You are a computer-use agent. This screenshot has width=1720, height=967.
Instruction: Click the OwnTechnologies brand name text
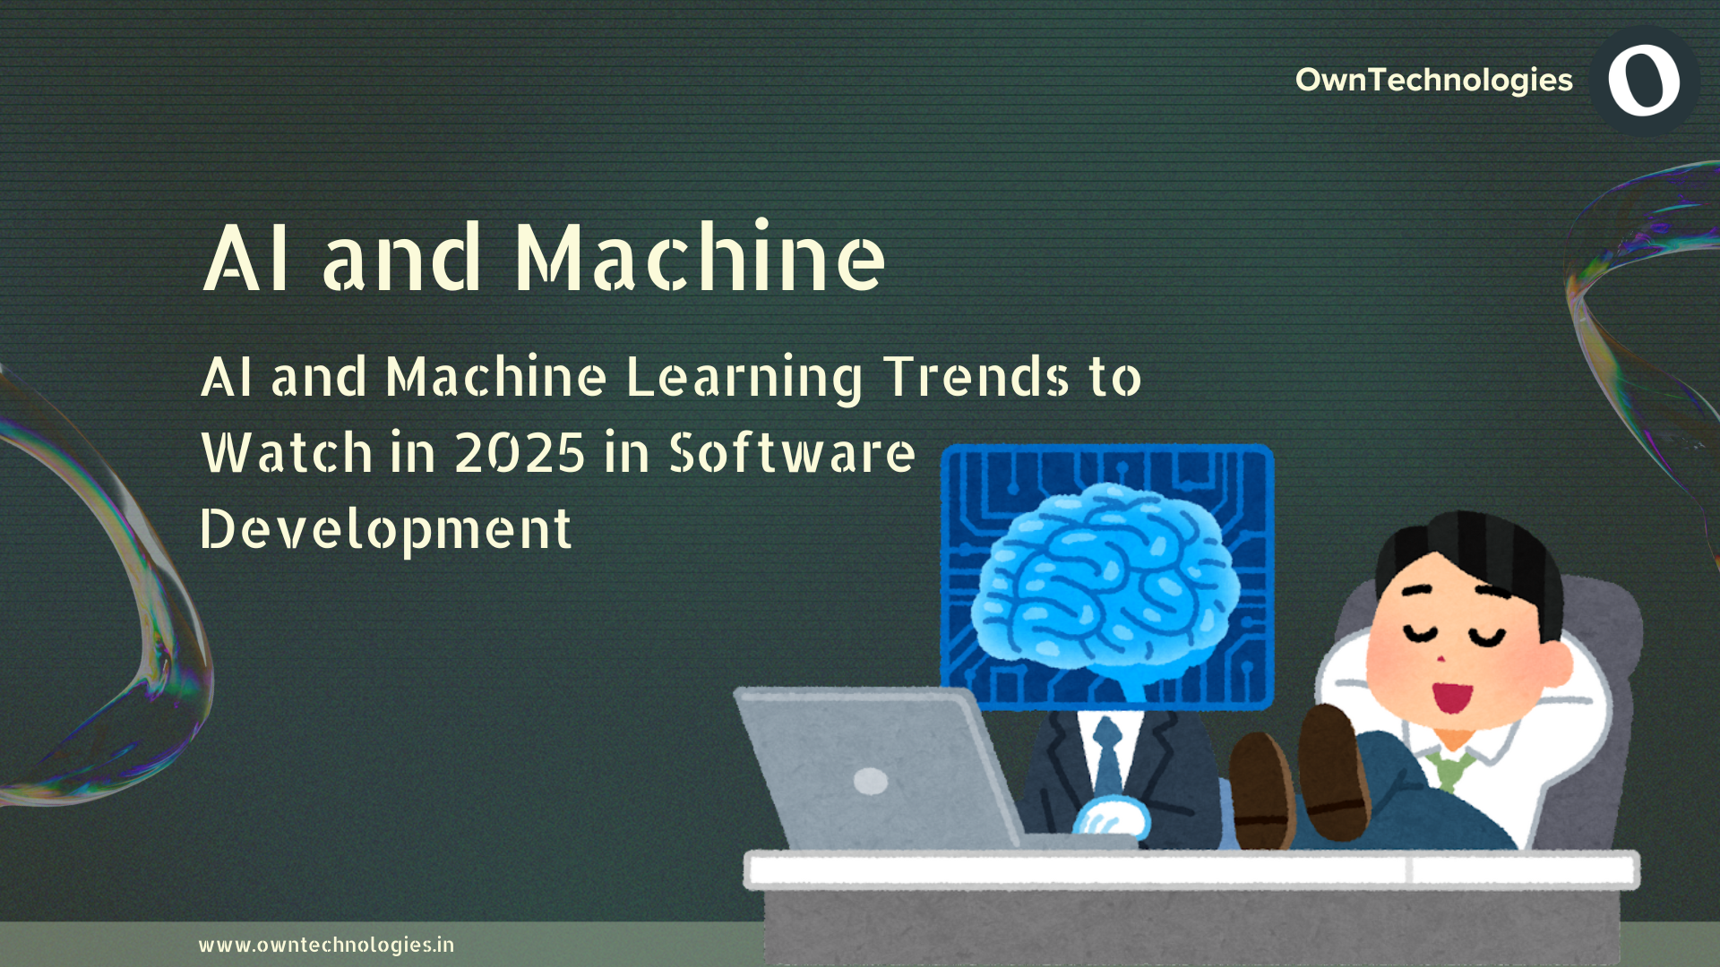1433,80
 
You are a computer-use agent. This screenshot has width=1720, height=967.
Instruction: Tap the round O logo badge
1644,81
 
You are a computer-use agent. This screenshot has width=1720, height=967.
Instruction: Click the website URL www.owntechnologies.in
326,945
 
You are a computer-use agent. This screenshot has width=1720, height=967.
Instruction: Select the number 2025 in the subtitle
520,453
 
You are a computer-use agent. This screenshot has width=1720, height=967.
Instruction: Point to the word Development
385,529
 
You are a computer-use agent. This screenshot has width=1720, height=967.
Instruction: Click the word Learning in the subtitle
744,377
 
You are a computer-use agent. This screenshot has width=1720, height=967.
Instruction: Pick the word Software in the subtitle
793,453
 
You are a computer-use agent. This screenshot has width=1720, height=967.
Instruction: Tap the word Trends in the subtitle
976,376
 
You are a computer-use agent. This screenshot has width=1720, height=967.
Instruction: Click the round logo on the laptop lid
871,781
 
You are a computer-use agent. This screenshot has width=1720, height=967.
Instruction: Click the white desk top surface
1191,869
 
